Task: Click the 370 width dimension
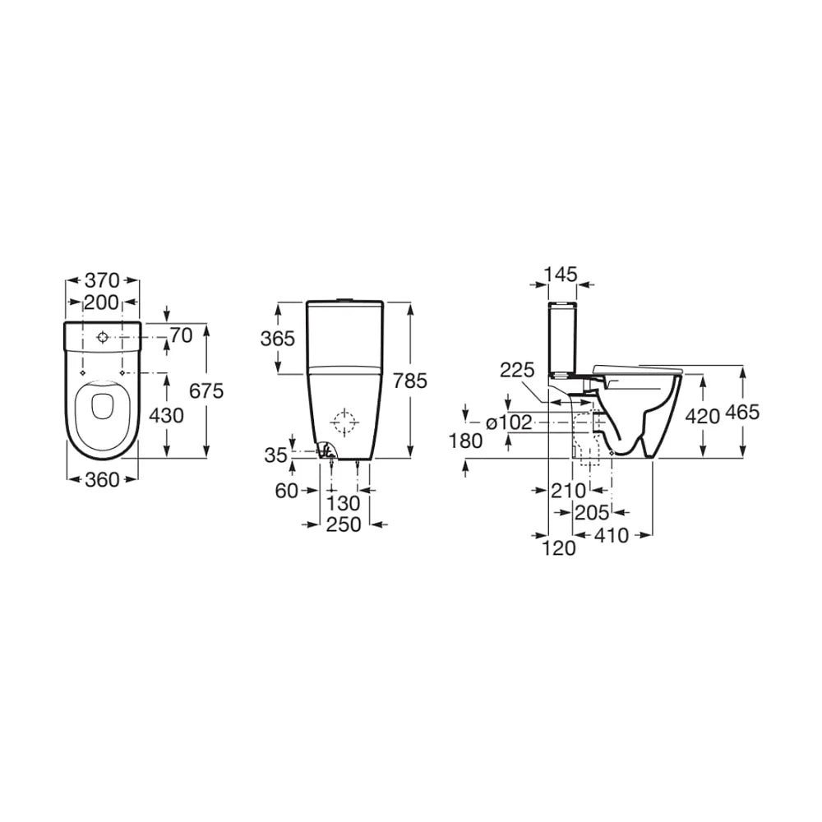point(102,280)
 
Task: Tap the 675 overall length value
point(206,390)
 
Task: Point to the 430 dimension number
point(166,416)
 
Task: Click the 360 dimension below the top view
point(102,479)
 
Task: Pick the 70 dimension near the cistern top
point(182,335)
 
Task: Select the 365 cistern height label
point(278,339)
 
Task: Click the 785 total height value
point(410,381)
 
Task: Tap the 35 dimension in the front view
point(275,455)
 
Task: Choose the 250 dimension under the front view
point(344,524)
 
